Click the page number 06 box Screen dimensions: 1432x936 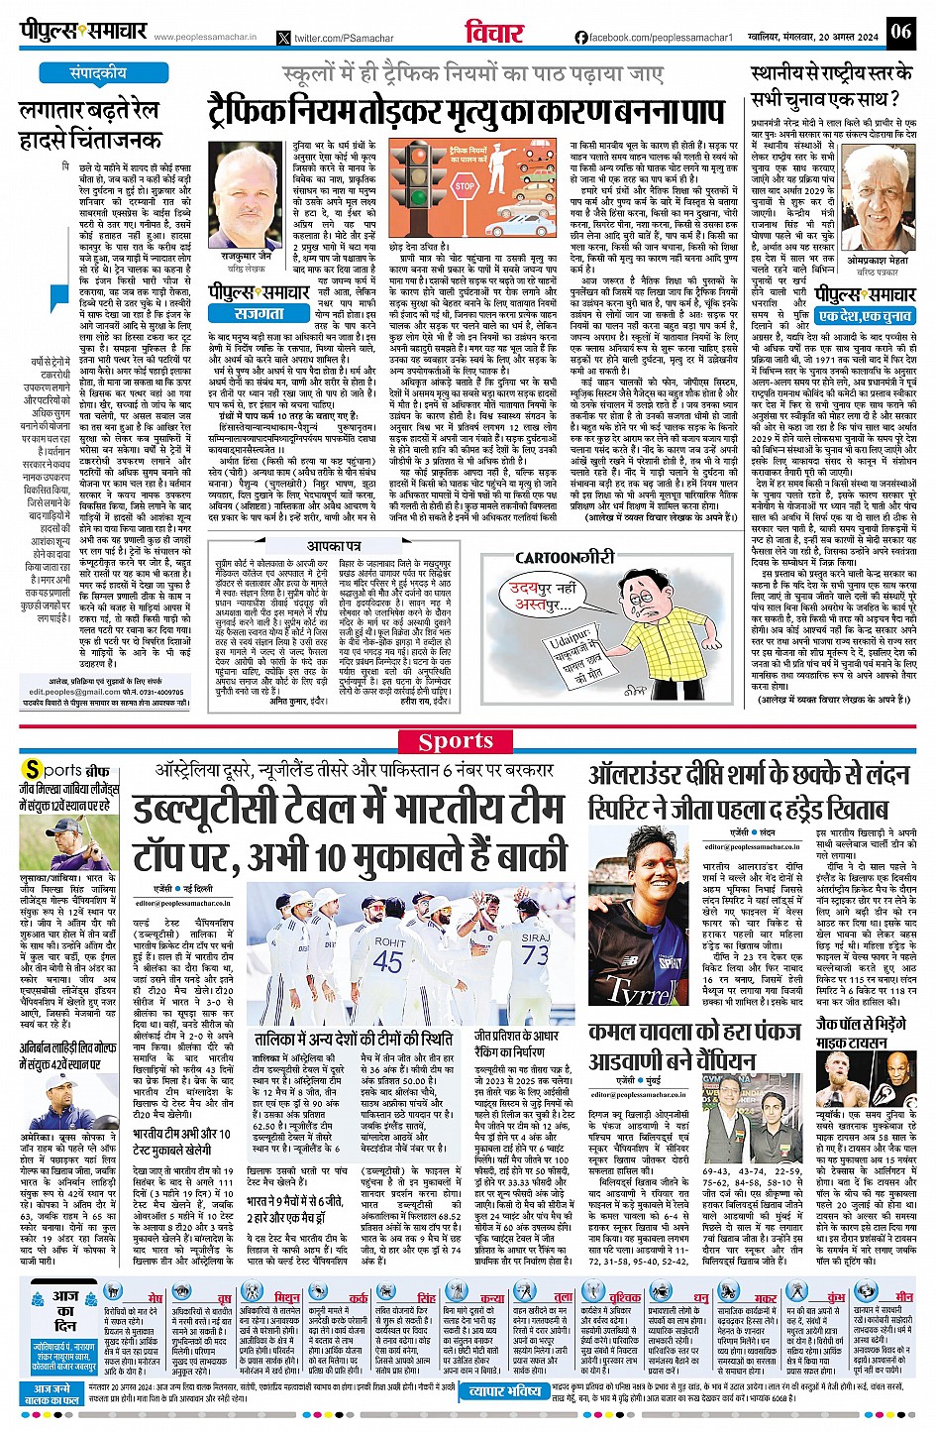[899, 31]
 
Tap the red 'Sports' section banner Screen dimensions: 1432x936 [456, 741]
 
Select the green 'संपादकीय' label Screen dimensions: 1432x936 [98, 73]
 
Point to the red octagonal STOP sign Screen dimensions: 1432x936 [465, 185]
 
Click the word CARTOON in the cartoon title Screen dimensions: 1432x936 [548, 558]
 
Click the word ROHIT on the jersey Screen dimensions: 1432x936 [389, 941]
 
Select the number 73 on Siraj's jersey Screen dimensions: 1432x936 [535, 953]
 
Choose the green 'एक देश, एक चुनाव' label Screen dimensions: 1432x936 [865, 316]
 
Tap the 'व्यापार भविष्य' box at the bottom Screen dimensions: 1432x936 [505, 1391]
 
